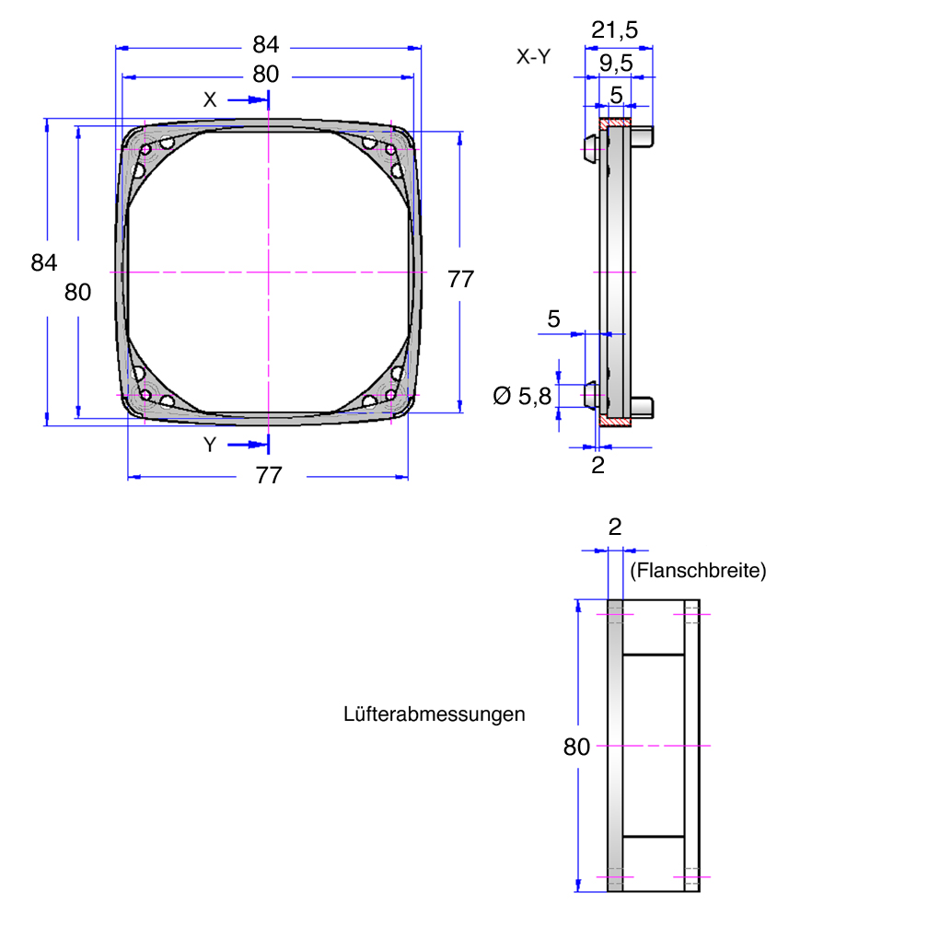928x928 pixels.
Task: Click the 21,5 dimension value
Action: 614,29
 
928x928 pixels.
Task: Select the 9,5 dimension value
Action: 616,63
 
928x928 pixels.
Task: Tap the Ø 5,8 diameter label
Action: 522,396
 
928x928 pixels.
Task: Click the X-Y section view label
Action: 533,56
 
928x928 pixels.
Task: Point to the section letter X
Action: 210,99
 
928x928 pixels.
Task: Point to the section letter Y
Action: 210,445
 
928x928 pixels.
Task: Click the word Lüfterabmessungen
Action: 434,714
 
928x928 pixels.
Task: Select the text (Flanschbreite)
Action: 698,571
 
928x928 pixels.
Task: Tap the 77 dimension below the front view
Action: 269,475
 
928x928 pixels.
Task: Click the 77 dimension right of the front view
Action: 460,279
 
